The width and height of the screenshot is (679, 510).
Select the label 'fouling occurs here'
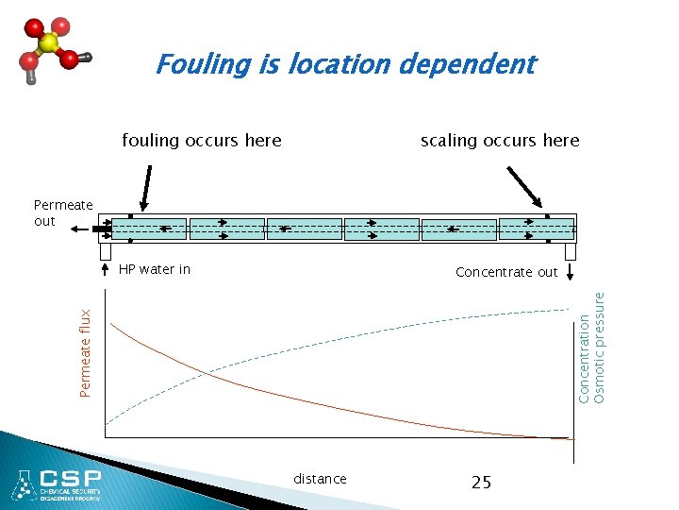[x=202, y=141]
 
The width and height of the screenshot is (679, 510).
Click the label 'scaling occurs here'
[x=500, y=141]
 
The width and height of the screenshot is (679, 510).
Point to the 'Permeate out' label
[x=62, y=212]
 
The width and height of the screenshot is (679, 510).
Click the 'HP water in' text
[x=155, y=269]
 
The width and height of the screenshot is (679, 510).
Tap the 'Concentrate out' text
[x=506, y=272]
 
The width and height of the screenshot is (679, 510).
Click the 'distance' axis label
[x=320, y=479]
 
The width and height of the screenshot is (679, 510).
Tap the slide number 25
[x=481, y=482]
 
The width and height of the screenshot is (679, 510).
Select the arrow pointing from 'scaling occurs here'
[x=525, y=186]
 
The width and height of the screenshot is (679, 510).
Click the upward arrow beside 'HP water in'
[x=106, y=270]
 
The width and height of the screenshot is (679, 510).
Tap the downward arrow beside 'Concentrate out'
[x=571, y=272]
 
